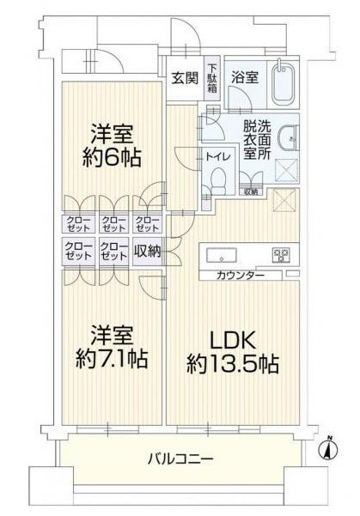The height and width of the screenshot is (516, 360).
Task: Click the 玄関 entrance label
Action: (185, 77)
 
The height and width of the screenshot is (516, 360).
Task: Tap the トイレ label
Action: (216, 156)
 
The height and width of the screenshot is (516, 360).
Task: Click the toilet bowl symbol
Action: (218, 182)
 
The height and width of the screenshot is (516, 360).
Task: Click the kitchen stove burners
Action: (280, 254)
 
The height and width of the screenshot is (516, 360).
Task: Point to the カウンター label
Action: (241, 275)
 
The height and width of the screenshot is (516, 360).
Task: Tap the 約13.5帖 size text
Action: (233, 363)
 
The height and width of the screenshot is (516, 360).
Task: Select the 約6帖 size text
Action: (113, 159)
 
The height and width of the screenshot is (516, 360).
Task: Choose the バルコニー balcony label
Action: (178, 458)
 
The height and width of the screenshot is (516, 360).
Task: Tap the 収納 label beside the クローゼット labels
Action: (148, 251)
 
